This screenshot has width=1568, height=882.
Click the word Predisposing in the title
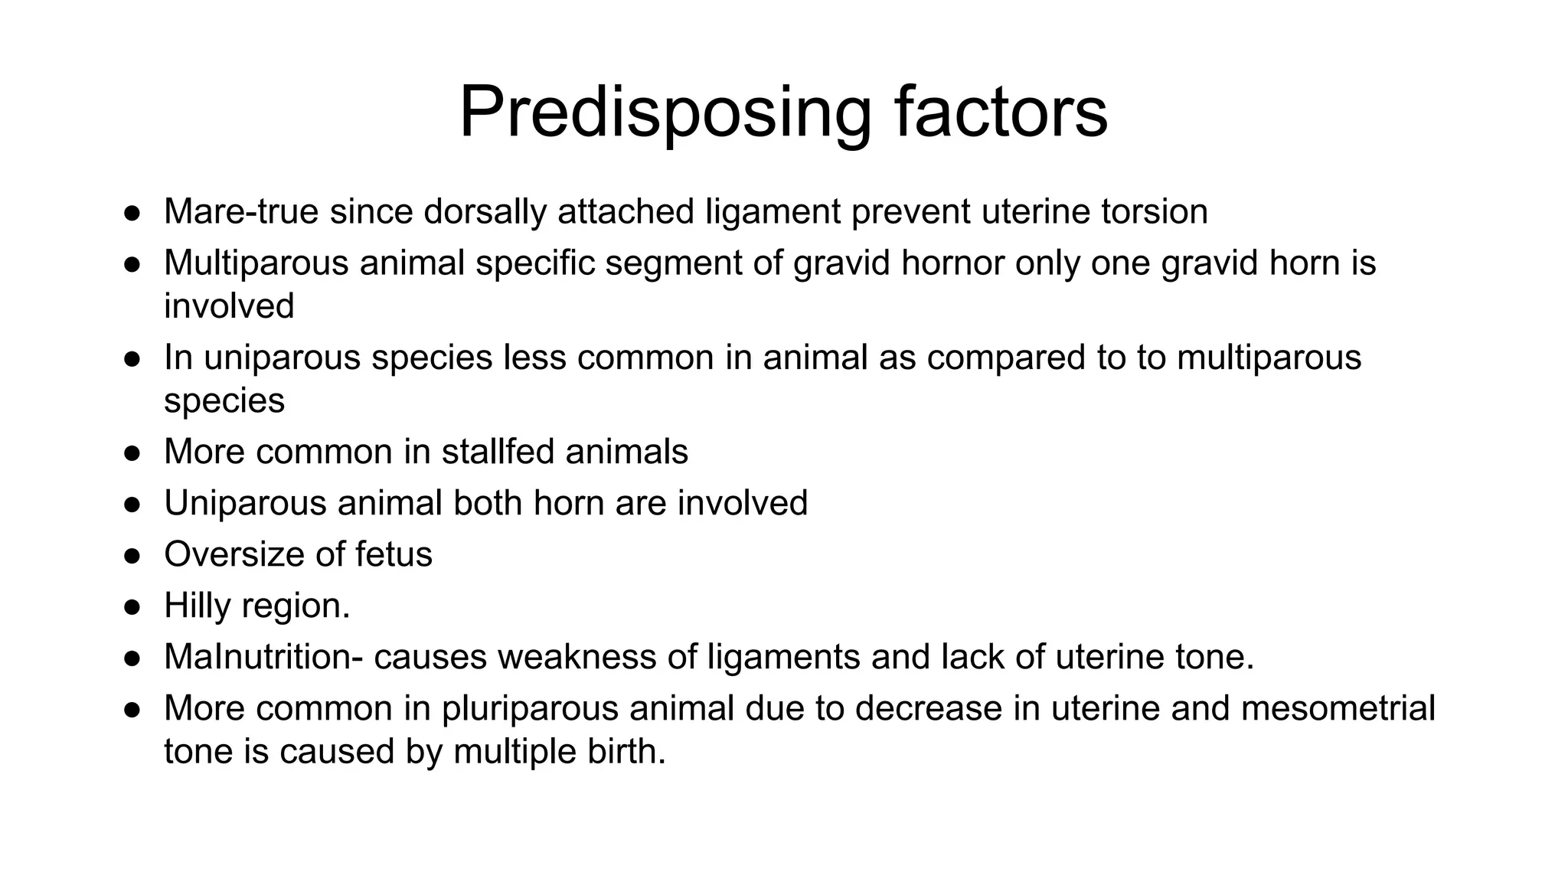(x=665, y=113)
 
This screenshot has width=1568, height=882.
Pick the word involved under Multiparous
(x=229, y=306)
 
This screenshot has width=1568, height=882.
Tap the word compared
(x=1005, y=358)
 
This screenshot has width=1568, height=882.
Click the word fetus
(x=394, y=554)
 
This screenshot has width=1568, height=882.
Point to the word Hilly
(x=197, y=606)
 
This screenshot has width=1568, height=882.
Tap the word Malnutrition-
(x=263, y=657)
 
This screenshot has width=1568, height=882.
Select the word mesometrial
(x=1338, y=708)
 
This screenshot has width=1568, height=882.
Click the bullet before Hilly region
(x=132, y=607)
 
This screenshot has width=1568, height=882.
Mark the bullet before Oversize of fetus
(x=132, y=556)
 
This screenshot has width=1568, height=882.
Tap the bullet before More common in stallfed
(x=132, y=453)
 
